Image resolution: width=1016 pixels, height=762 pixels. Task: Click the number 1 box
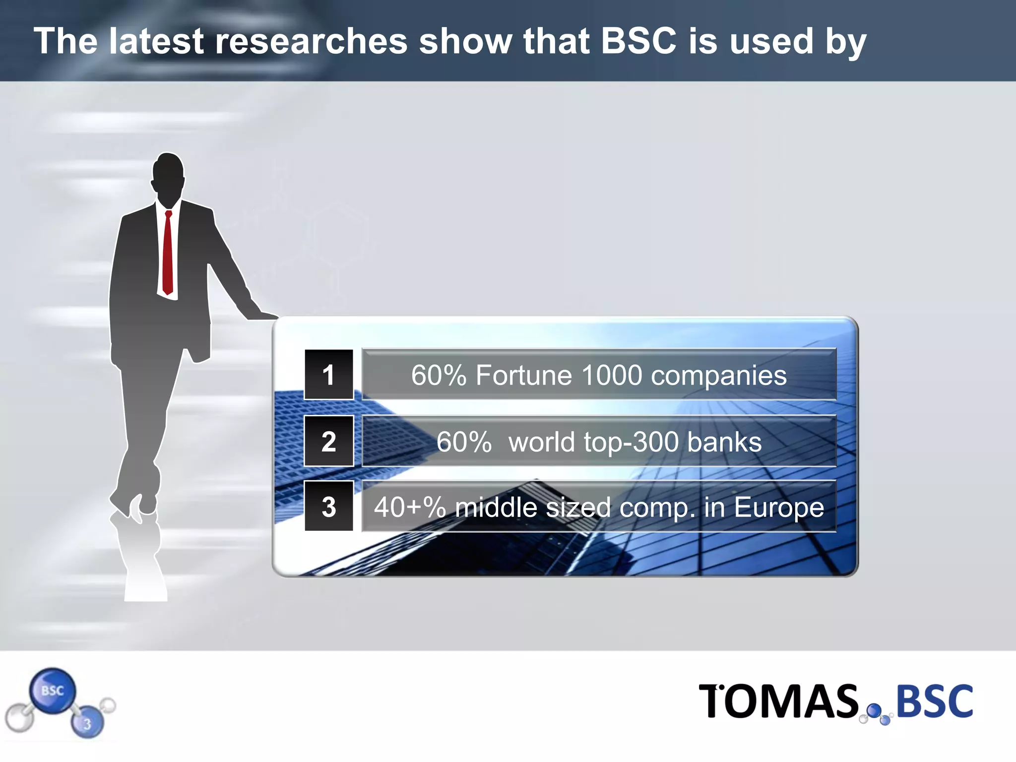(x=328, y=375)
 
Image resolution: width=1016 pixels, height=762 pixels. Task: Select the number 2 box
(x=328, y=441)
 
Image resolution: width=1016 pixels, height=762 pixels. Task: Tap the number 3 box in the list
(x=328, y=507)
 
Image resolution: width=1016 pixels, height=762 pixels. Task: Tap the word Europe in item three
(x=779, y=508)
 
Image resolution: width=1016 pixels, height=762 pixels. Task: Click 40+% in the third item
(x=410, y=508)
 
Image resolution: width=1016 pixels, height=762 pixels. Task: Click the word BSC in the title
(x=638, y=41)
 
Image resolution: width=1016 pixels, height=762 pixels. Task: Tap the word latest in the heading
(x=156, y=41)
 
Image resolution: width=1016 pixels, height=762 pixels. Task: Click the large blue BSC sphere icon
(x=53, y=691)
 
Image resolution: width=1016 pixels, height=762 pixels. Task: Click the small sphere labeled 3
(x=87, y=723)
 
